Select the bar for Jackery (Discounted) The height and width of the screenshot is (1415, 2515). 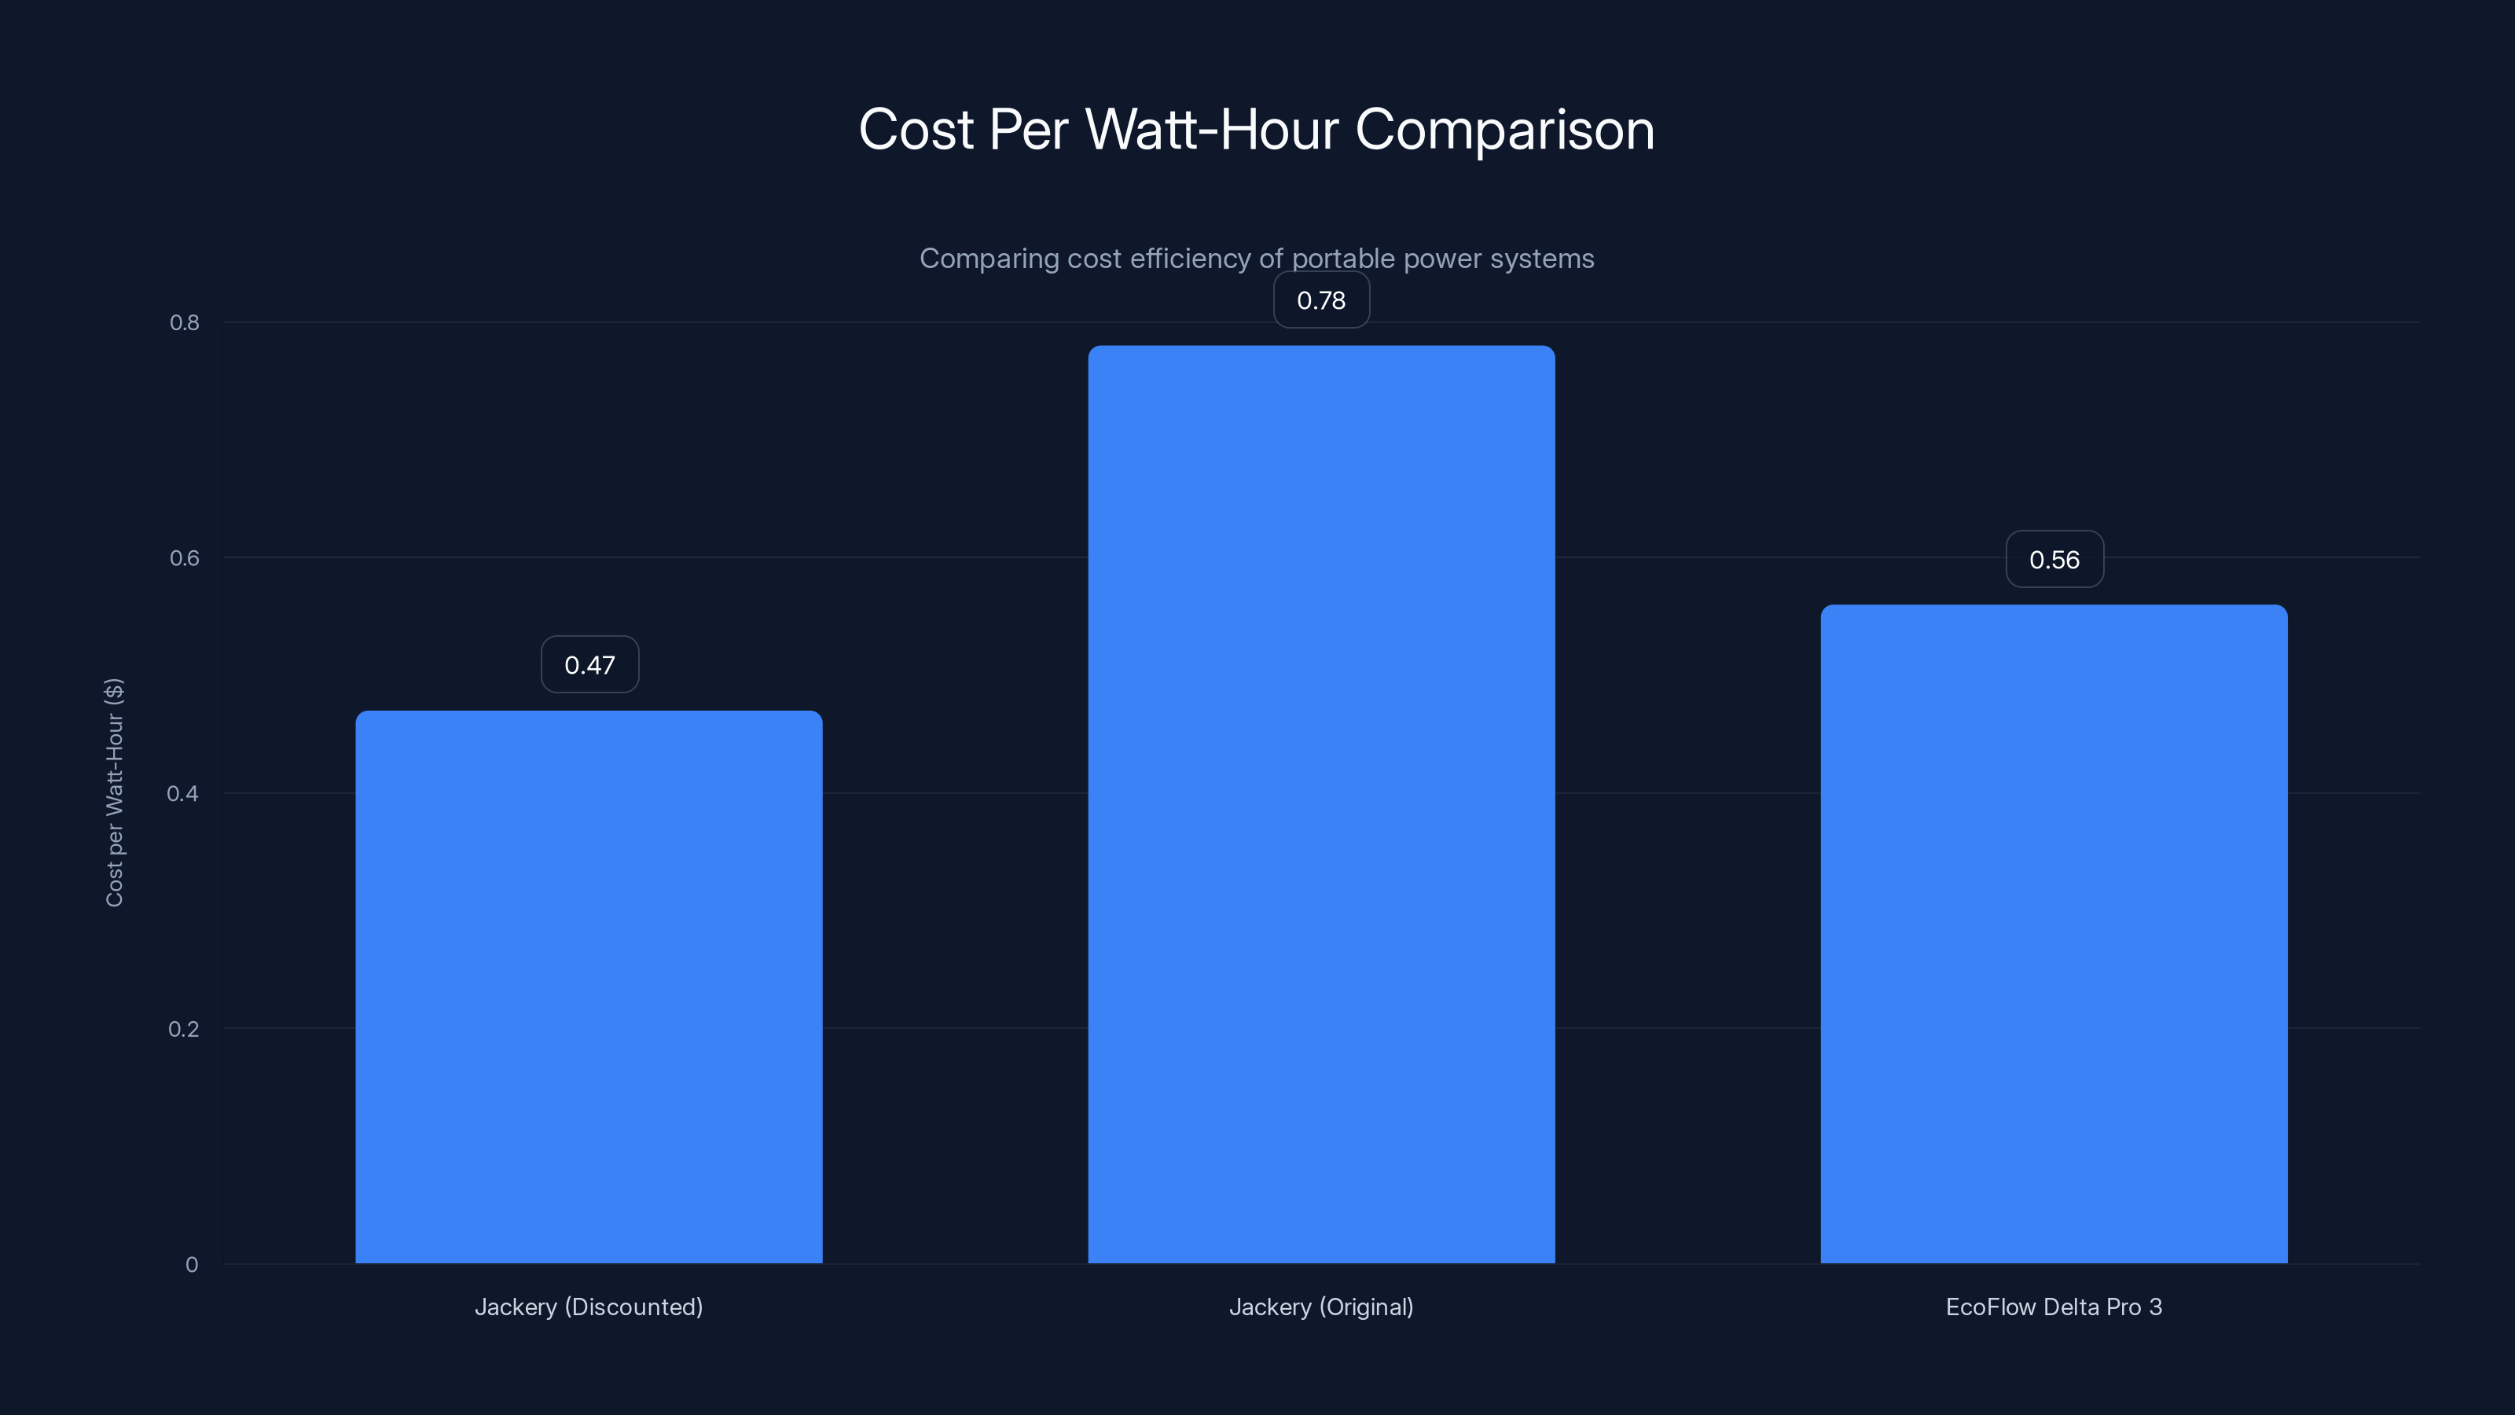coord(589,987)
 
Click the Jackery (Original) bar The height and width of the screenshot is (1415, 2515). coord(1321,803)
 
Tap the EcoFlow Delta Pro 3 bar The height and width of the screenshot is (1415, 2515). coord(2053,934)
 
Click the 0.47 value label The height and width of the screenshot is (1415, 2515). coord(589,665)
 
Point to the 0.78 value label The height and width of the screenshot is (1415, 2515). coord(1321,301)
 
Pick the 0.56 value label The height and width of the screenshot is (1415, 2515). coord(2054,560)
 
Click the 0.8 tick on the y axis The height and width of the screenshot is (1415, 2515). coord(185,323)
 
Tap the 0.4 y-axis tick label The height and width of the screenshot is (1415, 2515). coord(182,794)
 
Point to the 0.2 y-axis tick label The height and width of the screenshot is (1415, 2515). coord(184,1029)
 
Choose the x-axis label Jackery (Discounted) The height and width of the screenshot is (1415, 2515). coord(589,1307)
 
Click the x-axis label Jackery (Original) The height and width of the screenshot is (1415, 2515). coord(1321,1307)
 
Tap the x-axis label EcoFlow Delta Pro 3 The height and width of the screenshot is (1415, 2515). coord(2053,1307)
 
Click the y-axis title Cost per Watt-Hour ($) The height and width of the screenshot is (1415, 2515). coord(114,792)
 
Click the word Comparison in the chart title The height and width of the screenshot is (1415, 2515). coord(1504,130)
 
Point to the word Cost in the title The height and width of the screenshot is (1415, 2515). coord(916,130)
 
